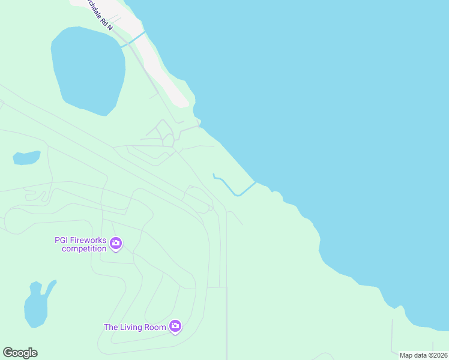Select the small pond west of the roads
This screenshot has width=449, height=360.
(26, 158)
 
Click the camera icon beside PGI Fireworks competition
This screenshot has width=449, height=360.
(116, 244)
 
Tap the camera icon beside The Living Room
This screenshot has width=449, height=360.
(175, 326)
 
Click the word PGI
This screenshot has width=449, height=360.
(62, 240)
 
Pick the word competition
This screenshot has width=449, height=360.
(84, 248)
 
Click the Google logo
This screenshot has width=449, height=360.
(20, 353)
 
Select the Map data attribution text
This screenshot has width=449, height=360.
(412, 355)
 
